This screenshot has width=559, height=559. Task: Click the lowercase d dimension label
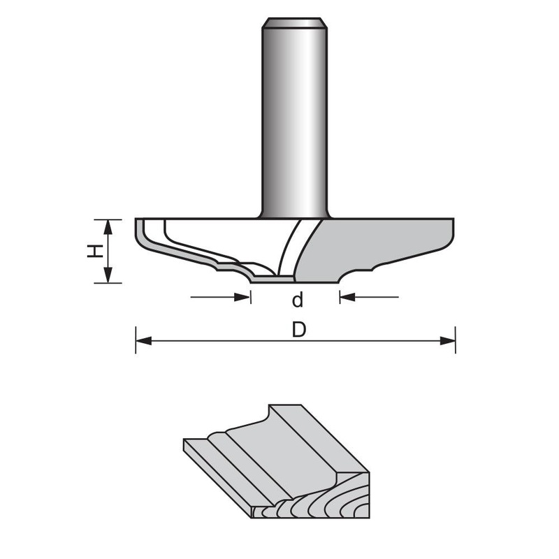pyautogui.click(x=298, y=300)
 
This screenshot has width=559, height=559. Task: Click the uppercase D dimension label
pyautogui.click(x=299, y=330)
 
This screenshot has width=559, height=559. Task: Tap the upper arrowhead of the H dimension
pyautogui.click(x=108, y=228)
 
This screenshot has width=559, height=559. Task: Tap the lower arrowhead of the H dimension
pyautogui.click(x=108, y=275)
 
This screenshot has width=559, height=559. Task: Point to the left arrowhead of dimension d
pyautogui.click(x=242, y=296)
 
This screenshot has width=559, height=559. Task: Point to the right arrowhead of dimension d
pyautogui.click(x=347, y=296)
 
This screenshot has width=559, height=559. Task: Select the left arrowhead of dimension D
pyautogui.click(x=144, y=341)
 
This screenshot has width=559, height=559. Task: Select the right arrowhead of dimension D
pyautogui.click(x=447, y=341)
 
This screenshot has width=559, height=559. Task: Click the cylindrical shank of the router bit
pyautogui.click(x=294, y=117)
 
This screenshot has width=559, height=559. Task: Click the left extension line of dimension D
pyautogui.click(x=136, y=340)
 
